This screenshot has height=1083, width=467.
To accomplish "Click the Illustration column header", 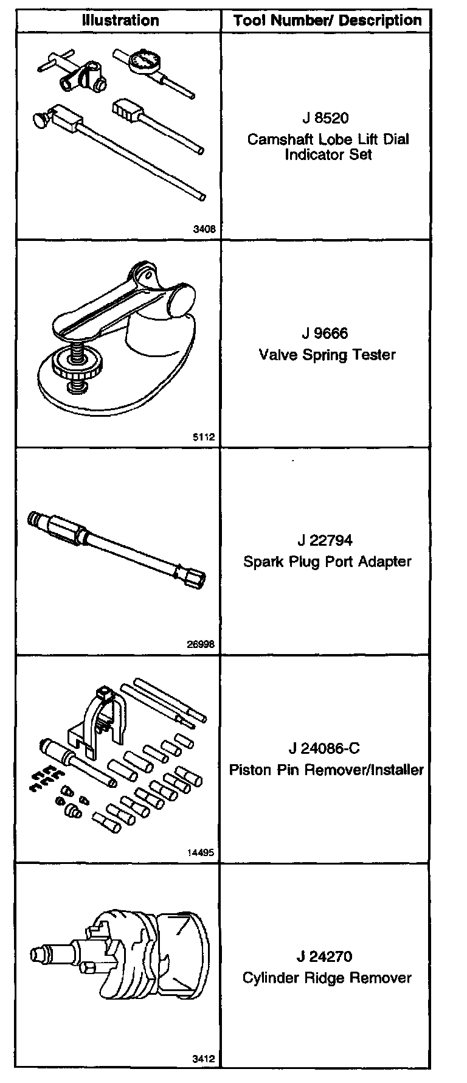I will pos(120,21).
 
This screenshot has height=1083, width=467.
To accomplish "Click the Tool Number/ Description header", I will pos(327,21).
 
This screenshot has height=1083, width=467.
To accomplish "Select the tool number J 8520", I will pos(327,118).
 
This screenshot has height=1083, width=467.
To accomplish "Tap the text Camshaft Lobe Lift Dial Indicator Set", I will pos(328,147).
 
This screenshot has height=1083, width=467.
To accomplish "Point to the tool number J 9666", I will pos(327,333).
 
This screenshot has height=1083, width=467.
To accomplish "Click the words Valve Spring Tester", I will pos(327,354).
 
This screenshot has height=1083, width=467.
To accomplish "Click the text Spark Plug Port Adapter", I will pos(327,561).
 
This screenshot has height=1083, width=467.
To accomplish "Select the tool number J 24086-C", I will pos(328,748).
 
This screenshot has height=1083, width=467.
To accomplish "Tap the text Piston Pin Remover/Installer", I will pos(327,770).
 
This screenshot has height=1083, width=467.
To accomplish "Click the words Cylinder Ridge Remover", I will pos(327,978).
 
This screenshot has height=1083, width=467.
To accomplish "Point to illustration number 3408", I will pos(204,229).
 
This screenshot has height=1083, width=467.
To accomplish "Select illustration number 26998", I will pos(201,645).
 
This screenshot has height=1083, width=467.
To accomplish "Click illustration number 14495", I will pos(201,853).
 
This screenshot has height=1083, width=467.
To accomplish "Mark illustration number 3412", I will pos(204,1059).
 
